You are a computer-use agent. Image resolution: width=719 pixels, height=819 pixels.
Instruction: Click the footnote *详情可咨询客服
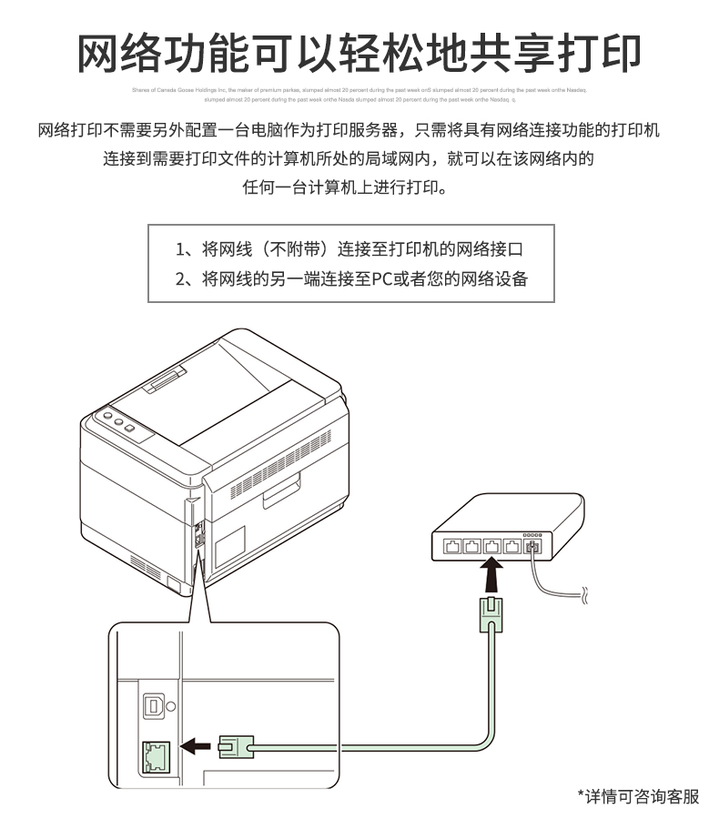(x=640, y=796)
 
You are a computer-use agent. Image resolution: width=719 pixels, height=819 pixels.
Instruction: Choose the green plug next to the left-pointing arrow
(x=235, y=747)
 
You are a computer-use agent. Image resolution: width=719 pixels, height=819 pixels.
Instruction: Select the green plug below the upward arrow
(x=491, y=613)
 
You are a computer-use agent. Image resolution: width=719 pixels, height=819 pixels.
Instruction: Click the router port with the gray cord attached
(x=532, y=546)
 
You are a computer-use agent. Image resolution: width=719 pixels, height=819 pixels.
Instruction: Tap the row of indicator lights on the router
(x=531, y=533)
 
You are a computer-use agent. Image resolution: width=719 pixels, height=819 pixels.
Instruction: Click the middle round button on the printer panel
(x=118, y=422)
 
